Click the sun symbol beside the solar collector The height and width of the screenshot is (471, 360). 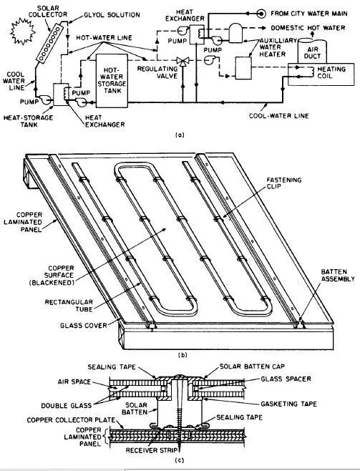[23, 31]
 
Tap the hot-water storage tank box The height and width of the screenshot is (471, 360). [112, 81]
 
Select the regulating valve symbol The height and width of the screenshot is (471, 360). [183, 62]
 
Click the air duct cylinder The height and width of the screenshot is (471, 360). [312, 50]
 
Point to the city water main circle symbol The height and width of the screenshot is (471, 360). [261, 14]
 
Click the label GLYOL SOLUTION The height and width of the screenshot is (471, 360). [112, 15]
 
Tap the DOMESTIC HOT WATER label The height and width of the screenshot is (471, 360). [308, 28]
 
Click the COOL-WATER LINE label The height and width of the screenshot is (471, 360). [279, 116]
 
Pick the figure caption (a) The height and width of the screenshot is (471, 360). [180, 135]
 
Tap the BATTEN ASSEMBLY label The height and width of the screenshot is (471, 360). [338, 275]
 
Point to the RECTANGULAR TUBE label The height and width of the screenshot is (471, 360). [69, 305]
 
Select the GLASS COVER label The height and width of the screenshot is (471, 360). [84, 325]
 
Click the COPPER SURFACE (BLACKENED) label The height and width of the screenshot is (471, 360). [52, 275]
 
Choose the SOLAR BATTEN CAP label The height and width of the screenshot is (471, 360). [252, 366]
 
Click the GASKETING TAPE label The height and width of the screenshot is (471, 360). [288, 404]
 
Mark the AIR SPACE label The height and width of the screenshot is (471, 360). [74, 382]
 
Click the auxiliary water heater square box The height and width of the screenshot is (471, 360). [243, 68]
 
